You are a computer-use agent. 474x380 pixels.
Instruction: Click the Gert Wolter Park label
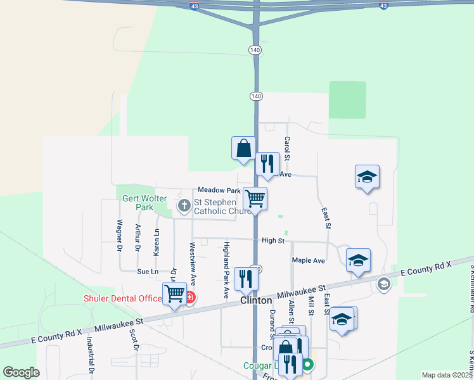point(145,203)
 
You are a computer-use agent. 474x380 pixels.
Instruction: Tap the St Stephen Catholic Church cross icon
point(184,205)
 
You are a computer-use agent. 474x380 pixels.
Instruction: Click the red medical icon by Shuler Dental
point(189,296)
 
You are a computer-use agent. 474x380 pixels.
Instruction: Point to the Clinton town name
point(256,300)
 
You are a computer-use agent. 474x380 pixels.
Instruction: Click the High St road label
point(273,241)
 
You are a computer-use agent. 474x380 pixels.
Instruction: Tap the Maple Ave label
point(308,260)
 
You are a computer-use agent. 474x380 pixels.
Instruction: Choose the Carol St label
point(287,148)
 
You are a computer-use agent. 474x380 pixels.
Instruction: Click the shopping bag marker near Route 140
point(243,149)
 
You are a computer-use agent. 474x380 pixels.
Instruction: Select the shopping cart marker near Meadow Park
point(255,198)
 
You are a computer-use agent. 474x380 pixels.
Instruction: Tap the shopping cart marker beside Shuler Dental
point(175,293)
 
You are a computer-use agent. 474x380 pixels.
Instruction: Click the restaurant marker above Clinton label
point(246,279)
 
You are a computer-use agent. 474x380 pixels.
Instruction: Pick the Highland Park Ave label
point(226,270)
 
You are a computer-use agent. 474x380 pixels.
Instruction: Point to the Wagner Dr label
point(119,236)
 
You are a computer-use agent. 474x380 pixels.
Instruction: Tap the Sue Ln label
point(147,271)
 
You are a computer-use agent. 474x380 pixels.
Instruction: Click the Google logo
point(22,372)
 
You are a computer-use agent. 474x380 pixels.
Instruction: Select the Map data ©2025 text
point(447,375)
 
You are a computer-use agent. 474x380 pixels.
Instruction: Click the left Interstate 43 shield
point(193,6)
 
